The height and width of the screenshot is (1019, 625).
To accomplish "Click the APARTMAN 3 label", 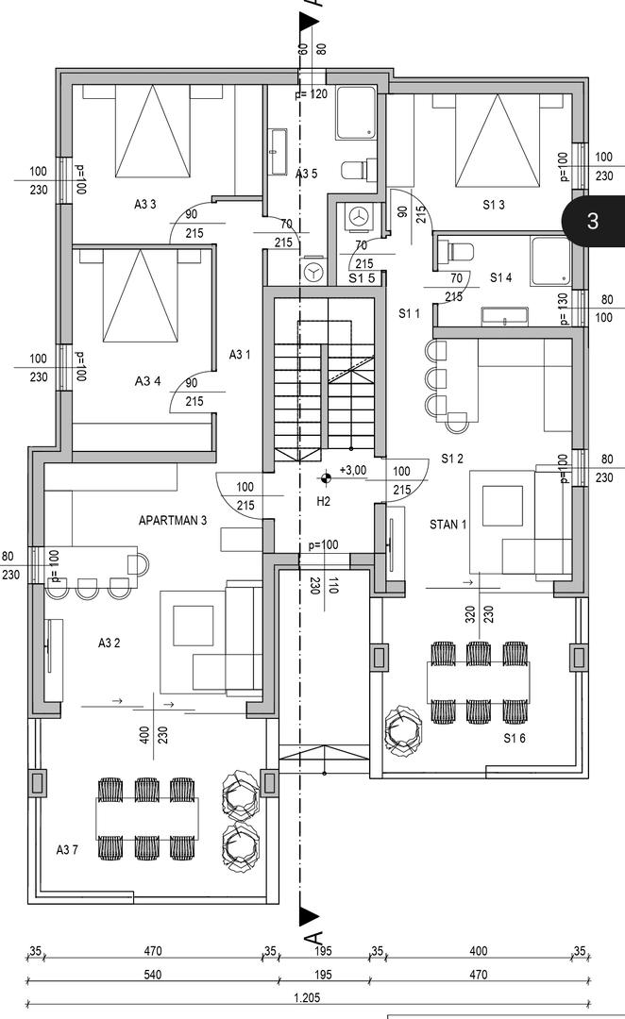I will (x=173, y=520).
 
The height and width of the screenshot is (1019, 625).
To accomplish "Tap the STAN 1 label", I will (x=448, y=524).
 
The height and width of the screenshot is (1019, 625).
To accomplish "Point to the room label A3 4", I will (x=147, y=381).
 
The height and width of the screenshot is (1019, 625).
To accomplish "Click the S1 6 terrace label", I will (x=515, y=738).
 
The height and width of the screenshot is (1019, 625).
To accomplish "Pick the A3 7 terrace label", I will (x=68, y=850).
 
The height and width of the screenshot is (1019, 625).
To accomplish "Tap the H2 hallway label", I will (x=323, y=501).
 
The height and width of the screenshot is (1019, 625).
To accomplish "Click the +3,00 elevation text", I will (x=352, y=470).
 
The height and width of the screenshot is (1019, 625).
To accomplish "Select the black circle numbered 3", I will (x=592, y=221).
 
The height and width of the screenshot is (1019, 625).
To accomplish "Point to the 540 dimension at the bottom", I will (x=154, y=975).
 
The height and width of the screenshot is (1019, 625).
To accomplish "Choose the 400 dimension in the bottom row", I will (x=478, y=951).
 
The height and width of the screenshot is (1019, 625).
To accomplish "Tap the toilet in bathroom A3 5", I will (x=353, y=171).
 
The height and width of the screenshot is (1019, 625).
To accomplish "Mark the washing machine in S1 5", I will (x=358, y=216).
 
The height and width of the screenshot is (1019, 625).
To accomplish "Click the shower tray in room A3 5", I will (x=355, y=113).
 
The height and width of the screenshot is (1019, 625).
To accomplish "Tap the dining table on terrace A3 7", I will (x=147, y=818).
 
